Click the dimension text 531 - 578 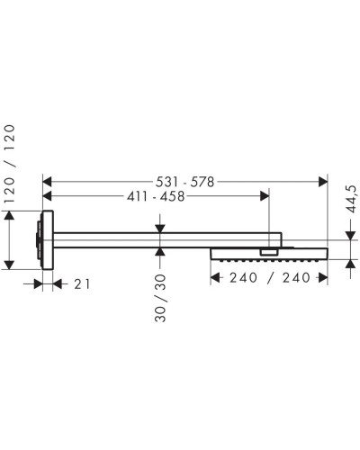pyautogui.click(x=185, y=182)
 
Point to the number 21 pyautogui.click(x=81, y=283)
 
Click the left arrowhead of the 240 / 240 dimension pyautogui.click(x=216, y=278)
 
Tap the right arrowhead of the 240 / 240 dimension pyautogui.click(x=321, y=278)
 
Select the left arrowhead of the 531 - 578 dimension pyautogui.click(x=49, y=182)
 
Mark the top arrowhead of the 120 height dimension pyautogui.click(x=12, y=217)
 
